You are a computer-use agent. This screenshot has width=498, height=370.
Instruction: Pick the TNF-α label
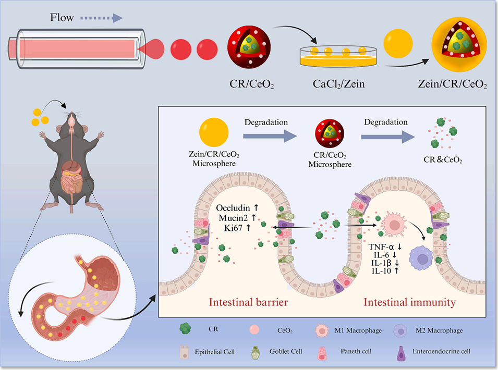pyautogui.click(x=387, y=245)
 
